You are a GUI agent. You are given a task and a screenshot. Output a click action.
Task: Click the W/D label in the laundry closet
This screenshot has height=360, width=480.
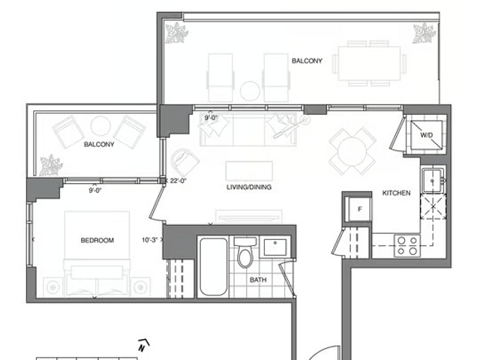[426, 135]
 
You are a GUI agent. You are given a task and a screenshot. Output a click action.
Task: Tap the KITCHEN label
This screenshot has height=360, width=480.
[397, 193]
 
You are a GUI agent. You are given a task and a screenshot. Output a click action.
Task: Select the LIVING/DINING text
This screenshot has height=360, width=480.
[249, 187]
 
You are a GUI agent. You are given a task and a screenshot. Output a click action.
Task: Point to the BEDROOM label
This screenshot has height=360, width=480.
[97, 240]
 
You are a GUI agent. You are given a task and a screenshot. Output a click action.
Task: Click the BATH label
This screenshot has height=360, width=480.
[258, 280]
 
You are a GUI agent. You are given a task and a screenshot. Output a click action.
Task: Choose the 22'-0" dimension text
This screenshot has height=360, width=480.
[178, 181]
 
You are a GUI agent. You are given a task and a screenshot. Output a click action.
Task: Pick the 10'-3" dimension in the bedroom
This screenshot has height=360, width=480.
[150, 240]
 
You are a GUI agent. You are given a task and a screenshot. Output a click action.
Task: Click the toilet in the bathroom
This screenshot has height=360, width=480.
[245, 252]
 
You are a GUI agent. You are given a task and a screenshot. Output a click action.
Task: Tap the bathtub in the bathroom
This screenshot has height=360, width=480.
[213, 267]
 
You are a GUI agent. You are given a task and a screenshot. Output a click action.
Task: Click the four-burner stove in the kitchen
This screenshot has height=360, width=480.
[407, 246]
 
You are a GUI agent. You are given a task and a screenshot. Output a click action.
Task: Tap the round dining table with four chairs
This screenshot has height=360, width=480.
[352, 151]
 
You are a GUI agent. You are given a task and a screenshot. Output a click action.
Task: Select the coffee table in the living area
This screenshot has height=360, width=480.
[249, 170]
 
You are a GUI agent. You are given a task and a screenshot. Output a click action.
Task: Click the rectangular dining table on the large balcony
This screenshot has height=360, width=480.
[369, 63]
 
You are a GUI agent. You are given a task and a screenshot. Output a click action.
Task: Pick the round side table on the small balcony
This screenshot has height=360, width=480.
[100, 126]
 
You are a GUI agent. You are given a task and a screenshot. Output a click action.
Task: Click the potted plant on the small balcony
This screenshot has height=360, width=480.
[51, 165]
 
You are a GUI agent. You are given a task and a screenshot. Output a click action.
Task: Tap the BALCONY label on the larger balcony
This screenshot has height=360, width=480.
[307, 61]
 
